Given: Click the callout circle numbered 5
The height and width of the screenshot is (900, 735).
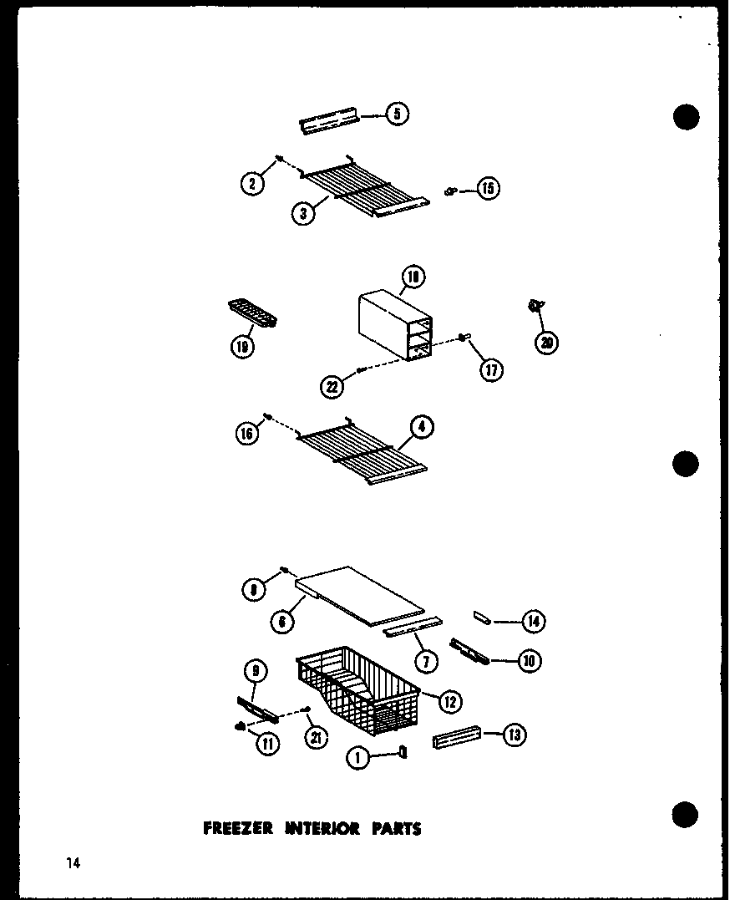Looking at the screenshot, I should coord(398,114).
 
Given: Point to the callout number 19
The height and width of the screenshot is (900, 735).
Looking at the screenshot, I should coord(241,347).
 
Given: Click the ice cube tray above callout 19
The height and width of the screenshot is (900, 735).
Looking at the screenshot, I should coord(251,315).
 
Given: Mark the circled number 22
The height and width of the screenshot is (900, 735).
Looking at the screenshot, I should coord(332,385).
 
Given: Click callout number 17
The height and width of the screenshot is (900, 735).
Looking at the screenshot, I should coord(492,369).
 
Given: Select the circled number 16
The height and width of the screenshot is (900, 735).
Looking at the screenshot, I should coord(247,434).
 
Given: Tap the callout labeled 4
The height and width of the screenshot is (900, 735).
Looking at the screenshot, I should coord(422,427).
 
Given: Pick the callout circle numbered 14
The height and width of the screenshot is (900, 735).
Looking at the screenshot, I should coord(532,620).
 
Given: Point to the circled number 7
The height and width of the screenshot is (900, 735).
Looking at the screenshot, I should coord(425,662).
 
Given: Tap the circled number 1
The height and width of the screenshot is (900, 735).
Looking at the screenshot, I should coord(357,758).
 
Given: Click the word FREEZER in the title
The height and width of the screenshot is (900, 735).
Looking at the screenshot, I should coord(238,829).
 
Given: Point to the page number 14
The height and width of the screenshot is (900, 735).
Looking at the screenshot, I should coord(73,863).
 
